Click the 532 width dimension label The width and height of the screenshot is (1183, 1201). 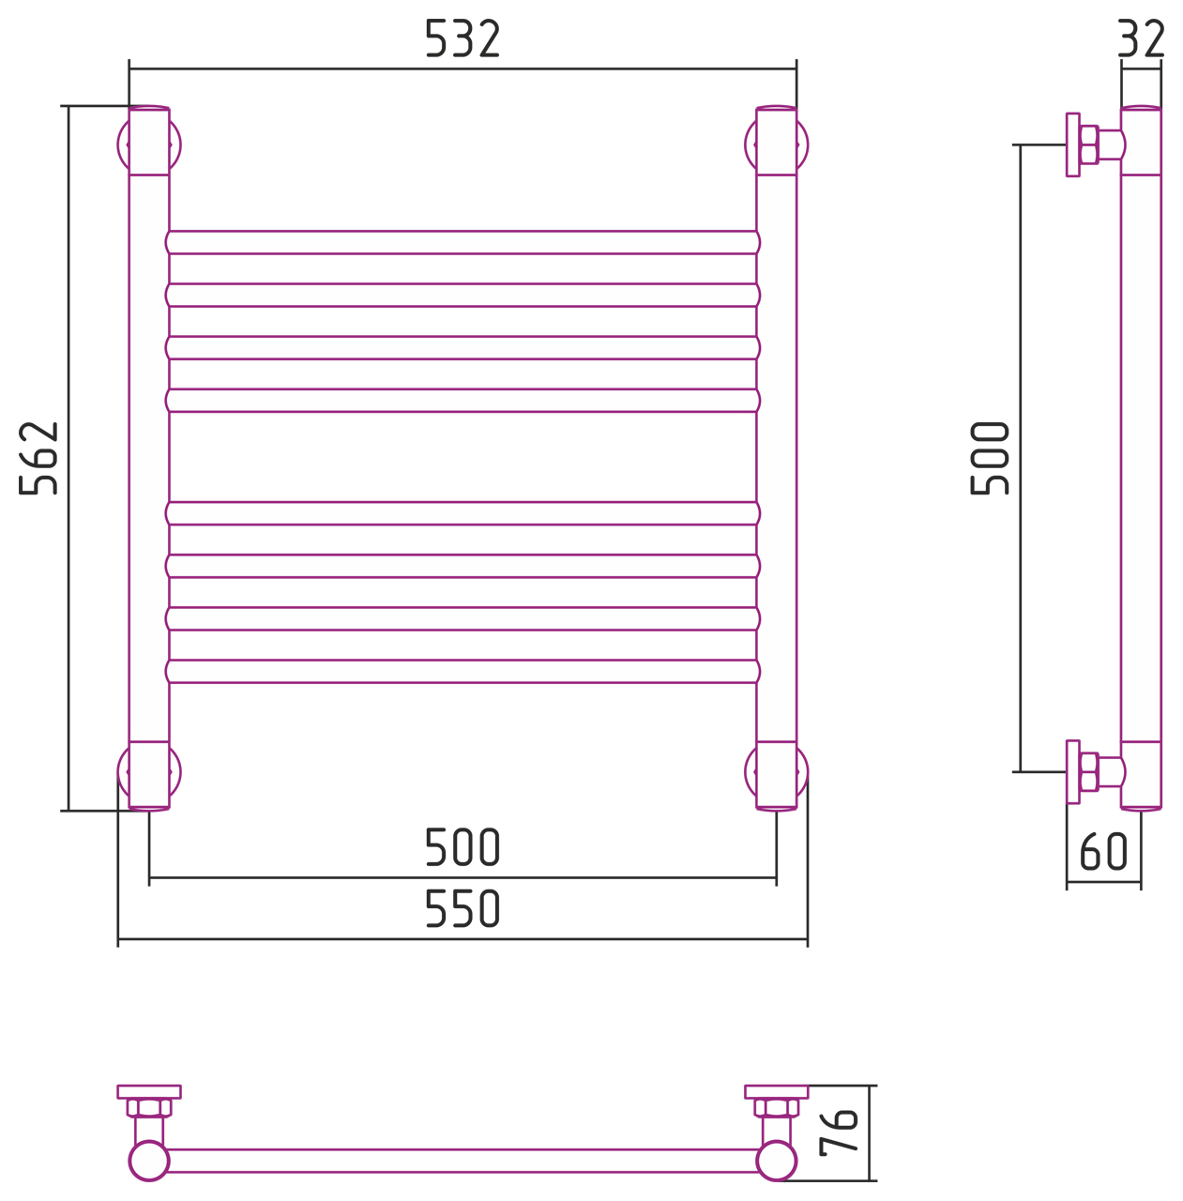pyautogui.click(x=462, y=38)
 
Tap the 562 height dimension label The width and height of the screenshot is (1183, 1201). pyautogui.click(x=38, y=458)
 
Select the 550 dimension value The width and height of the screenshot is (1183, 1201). pyautogui.click(x=463, y=908)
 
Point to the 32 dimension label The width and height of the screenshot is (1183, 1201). pyautogui.click(x=1140, y=38)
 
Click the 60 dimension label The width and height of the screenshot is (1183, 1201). pyautogui.click(x=1103, y=851)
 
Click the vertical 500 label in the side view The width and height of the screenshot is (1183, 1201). pyautogui.click(x=990, y=458)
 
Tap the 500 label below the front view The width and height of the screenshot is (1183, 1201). pyautogui.click(x=463, y=847)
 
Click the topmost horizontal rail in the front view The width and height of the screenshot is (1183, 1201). pyautogui.click(x=463, y=242)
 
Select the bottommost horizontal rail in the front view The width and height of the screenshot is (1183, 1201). pyautogui.click(x=463, y=671)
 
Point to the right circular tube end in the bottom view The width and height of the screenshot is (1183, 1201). pyautogui.click(x=776, y=1161)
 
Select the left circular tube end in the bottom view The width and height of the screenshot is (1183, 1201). pyautogui.click(x=149, y=1161)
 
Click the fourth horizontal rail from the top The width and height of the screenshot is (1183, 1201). pyautogui.click(x=463, y=400)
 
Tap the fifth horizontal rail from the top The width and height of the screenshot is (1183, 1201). pyautogui.click(x=463, y=513)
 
